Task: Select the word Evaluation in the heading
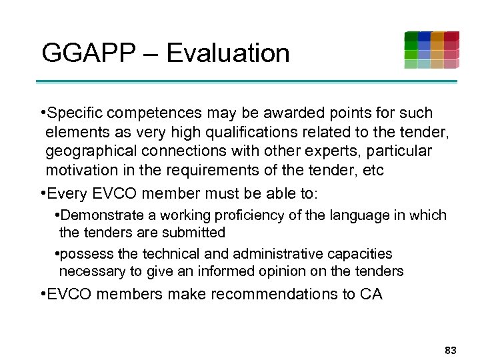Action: (x=228, y=53)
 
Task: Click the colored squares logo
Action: (x=431, y=50)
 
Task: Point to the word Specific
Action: (x=76, y=113)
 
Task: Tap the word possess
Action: (x=83, y=254)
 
